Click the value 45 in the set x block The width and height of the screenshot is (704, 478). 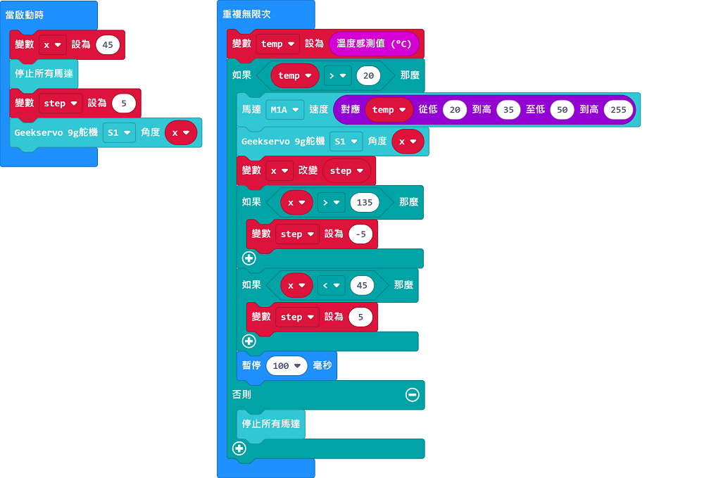[x=108, y=45]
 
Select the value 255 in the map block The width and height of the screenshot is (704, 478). [x=618, y=110]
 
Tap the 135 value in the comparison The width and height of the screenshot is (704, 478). [x=365, y=203]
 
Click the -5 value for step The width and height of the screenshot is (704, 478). [x=360, y=234]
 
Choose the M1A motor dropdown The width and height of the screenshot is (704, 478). [x=284, y=110]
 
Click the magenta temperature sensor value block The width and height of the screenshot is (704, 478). [x=374, y=44]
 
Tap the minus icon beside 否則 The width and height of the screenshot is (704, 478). [x=412, y=394]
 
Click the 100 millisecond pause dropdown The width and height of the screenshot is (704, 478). [x=287, y=366]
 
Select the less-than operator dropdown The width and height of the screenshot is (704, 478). [x=332, y=285]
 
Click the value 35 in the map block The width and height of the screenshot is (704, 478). [x=508, y=110]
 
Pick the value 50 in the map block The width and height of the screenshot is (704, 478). [x=562, y=110]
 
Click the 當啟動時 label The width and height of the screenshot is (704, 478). [x=25, y=15]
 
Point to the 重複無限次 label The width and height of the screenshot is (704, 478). [x=246, y=14]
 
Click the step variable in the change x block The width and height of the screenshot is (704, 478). [x=346, y=171]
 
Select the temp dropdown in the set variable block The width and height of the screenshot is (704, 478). [x=277, y=44]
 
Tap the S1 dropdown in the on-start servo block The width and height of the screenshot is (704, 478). [x=119, y=133]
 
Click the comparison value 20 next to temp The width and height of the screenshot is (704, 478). [x=368, y=76]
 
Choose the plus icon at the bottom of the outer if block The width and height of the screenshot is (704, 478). [x=239, y=448]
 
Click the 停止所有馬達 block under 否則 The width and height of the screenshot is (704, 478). [x=271, y=424]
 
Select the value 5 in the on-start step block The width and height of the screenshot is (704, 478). [x=124, y=103]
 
